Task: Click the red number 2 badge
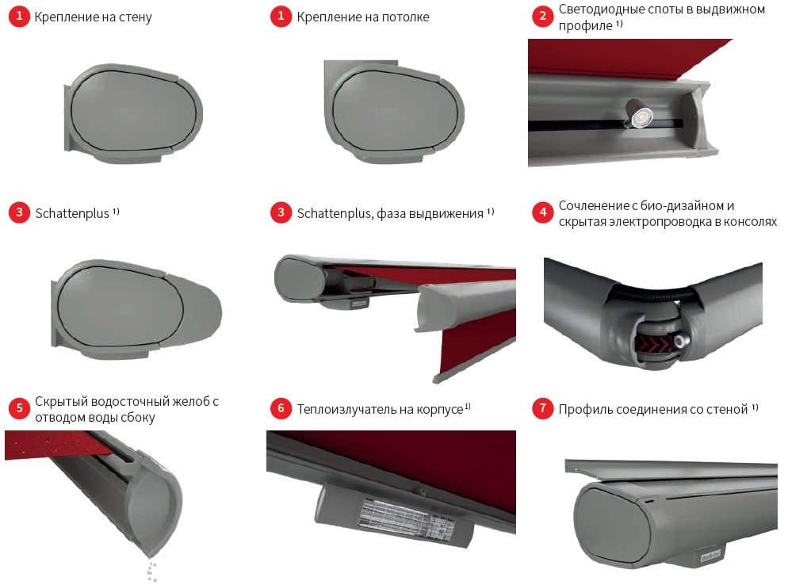(543, 16)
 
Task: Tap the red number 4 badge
(543, 212)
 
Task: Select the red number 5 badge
(19, 408)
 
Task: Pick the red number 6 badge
(281, 408)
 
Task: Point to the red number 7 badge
(543, 408)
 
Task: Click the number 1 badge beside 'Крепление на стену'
(19, 16)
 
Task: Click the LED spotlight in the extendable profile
(639, 115)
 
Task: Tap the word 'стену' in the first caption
(136, 17)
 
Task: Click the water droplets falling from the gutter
(151, 568)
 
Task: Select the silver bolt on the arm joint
(682, 342)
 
